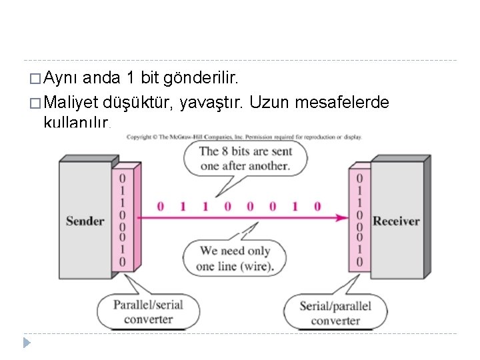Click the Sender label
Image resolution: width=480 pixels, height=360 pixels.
pos(85,221)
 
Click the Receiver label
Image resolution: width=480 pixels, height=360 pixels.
pos(396,221)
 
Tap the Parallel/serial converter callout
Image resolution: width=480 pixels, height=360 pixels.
pos(148,311)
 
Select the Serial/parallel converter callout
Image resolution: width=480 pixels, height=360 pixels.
pos(335,313)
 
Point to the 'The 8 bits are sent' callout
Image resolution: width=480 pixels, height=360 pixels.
pos(245,158)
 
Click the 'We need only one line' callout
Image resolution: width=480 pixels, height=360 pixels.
pos(235,258)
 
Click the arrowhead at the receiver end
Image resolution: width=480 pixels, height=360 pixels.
pos(343,217)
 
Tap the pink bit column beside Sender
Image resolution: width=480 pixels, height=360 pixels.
pos(122,219)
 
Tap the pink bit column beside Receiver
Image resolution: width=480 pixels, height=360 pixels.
pos(359,219)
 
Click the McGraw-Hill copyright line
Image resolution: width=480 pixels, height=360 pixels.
pos(244,137)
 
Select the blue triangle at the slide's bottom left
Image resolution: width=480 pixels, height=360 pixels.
pos(27,343)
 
